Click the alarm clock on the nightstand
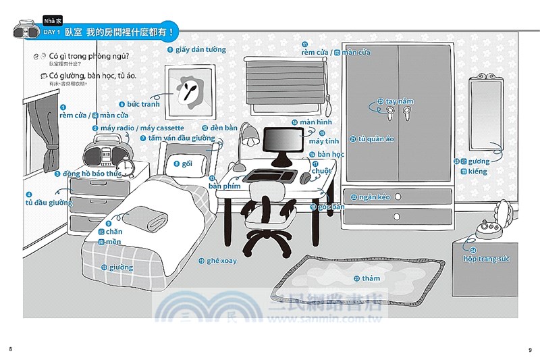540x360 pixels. pyautogui.click(x=126, y=164)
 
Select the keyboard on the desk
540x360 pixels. pyautogui.click(x=263, y=176)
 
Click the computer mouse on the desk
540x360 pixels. pyautogui.click(x=306, y=178)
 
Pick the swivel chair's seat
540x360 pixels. pyautogui.click(x=271, y=214)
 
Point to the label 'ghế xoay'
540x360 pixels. pyautogui.click(x=222, y=261)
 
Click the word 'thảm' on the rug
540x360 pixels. pyautogui.click(x=371, y=278)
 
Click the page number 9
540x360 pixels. pyautogui.click(x=530, y=349)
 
